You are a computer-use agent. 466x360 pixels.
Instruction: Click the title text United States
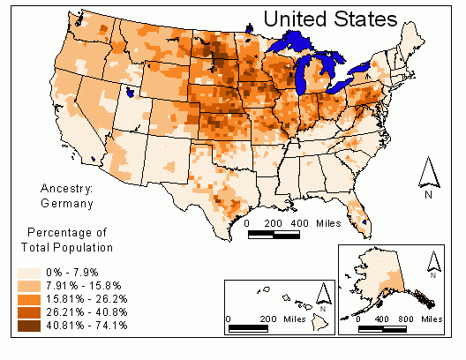pyautogui.click(x=329, y=19)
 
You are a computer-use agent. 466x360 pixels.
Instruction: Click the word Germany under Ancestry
pyautogui.click(x=67, y=203)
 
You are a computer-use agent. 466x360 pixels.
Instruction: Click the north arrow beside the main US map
pyautogui.click(x=428, y=175)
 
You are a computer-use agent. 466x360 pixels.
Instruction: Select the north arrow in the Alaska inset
pyautogui.click(x=432, y=262)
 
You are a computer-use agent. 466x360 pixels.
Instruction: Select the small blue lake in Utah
pyautogui.click(x=131, y=90)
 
